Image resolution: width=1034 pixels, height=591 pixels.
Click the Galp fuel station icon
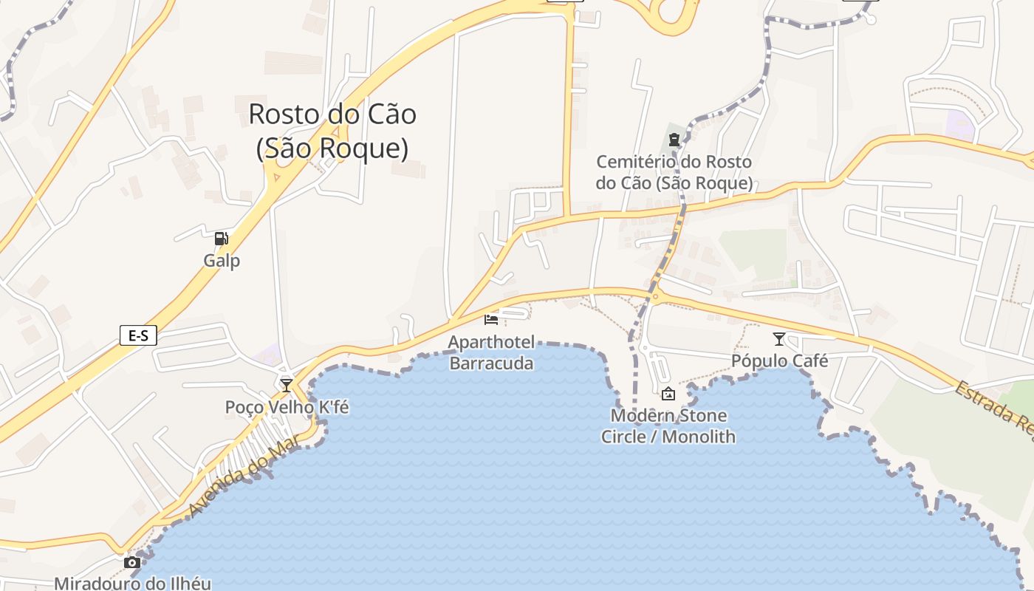coord(221,239)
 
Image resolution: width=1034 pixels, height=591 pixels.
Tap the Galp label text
coord(222,261)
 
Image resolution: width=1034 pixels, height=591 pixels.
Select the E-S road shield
coord(138,336)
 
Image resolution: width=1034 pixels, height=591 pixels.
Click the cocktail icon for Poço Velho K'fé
coord(287,385)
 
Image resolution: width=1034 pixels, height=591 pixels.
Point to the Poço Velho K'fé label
coord(287,407)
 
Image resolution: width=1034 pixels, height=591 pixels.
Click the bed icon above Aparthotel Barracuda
coord(491,319)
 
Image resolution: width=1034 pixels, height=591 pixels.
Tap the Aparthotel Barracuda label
coord(491,352)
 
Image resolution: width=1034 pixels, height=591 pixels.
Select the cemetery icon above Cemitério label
coord(674,139)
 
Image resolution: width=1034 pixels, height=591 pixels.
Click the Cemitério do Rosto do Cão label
coord(674,172)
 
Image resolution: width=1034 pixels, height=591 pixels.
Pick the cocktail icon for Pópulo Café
coord(778,339)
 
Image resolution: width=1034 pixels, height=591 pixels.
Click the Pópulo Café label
coord(779,361)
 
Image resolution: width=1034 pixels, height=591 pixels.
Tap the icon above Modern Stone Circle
coord(668,394)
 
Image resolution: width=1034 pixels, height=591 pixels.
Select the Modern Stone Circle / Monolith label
coord(668,426)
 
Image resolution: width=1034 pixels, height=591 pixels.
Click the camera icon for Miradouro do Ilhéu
coord(132,563)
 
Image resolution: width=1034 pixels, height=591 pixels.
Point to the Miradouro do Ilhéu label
coord(133,583)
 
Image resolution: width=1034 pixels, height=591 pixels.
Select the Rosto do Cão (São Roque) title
coord(332,131)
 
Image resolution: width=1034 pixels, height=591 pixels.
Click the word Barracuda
coord(491,363)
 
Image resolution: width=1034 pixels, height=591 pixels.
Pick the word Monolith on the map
coord(699,437)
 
